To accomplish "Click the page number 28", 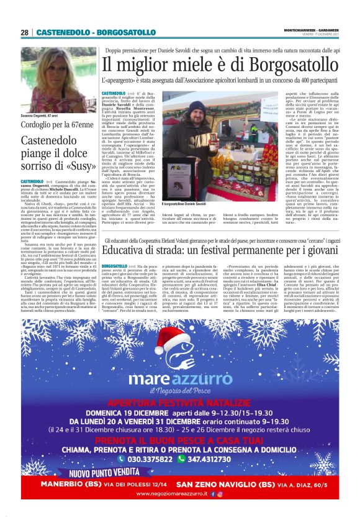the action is tap(24, 32).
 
